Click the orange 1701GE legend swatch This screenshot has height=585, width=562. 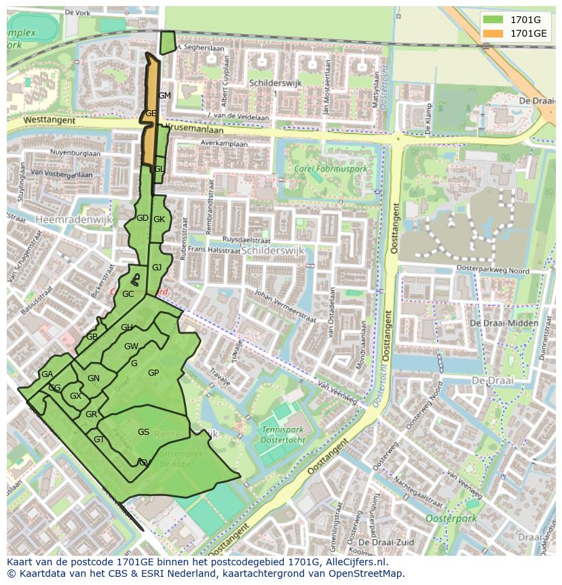[493, 33]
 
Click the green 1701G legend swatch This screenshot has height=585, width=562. [493, 20]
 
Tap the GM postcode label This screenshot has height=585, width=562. [164, 96]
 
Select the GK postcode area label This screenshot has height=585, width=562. [159, 219]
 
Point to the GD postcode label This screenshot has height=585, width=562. [143, 218]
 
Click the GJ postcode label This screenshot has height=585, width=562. [157, 268]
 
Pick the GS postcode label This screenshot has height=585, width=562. [143, 432]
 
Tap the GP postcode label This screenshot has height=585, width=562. [153, 373]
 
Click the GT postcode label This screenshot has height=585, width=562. [99, 440]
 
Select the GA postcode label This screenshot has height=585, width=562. [47, 374]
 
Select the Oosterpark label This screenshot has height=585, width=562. [451, 518]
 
